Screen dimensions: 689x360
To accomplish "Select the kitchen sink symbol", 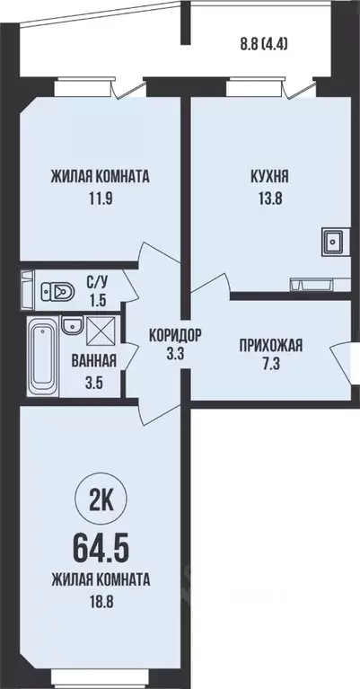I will [x=333, y=241].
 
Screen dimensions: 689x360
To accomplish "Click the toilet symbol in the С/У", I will [x=59, y=289].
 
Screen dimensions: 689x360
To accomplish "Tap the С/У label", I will [x=98, y=280].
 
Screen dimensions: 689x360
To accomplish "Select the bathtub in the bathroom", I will [x=42, y=354].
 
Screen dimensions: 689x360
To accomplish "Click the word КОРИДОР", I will [x=176, y=334].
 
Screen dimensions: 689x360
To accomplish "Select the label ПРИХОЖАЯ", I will [x=270, y=344].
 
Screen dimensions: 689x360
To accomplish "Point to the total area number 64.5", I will [x=100, y=544].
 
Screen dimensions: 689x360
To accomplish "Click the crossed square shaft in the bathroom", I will [x=101, y=332].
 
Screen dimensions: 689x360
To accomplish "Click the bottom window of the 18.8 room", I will [x=99, y=673].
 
